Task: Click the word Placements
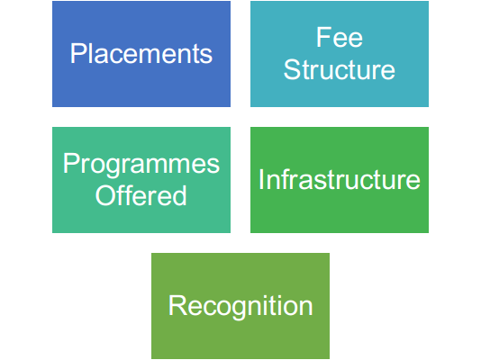[141, 54]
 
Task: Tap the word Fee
[340, 38]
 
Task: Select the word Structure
[340, 70]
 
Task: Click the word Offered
[141, 195]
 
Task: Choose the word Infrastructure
[340, 179]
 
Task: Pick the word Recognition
[240, 306]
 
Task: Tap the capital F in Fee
[323, 38]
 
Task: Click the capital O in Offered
[105, 195]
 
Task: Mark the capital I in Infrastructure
[261, 179]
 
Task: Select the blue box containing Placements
[141, 54]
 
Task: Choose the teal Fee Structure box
[340, 54]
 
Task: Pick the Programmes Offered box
[141, 180]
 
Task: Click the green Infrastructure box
[340, 180]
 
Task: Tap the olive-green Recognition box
[240, 306]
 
